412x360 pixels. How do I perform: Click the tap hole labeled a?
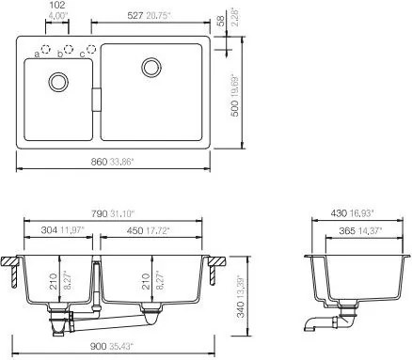click(46, 49)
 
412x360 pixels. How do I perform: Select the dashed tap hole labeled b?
click(69, 49)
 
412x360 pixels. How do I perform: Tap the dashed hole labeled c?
click(91, 49)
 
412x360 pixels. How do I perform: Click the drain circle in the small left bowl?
click(58, 82)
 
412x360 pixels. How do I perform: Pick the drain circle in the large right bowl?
click(151, 68)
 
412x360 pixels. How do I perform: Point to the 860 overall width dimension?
click(99, 162)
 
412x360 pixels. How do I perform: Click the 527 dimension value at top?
click(135, 16)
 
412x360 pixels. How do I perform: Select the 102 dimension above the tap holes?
click(57, 5)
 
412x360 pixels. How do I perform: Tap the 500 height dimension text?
click(234, 108)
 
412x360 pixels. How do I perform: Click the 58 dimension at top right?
click(221, 21)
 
